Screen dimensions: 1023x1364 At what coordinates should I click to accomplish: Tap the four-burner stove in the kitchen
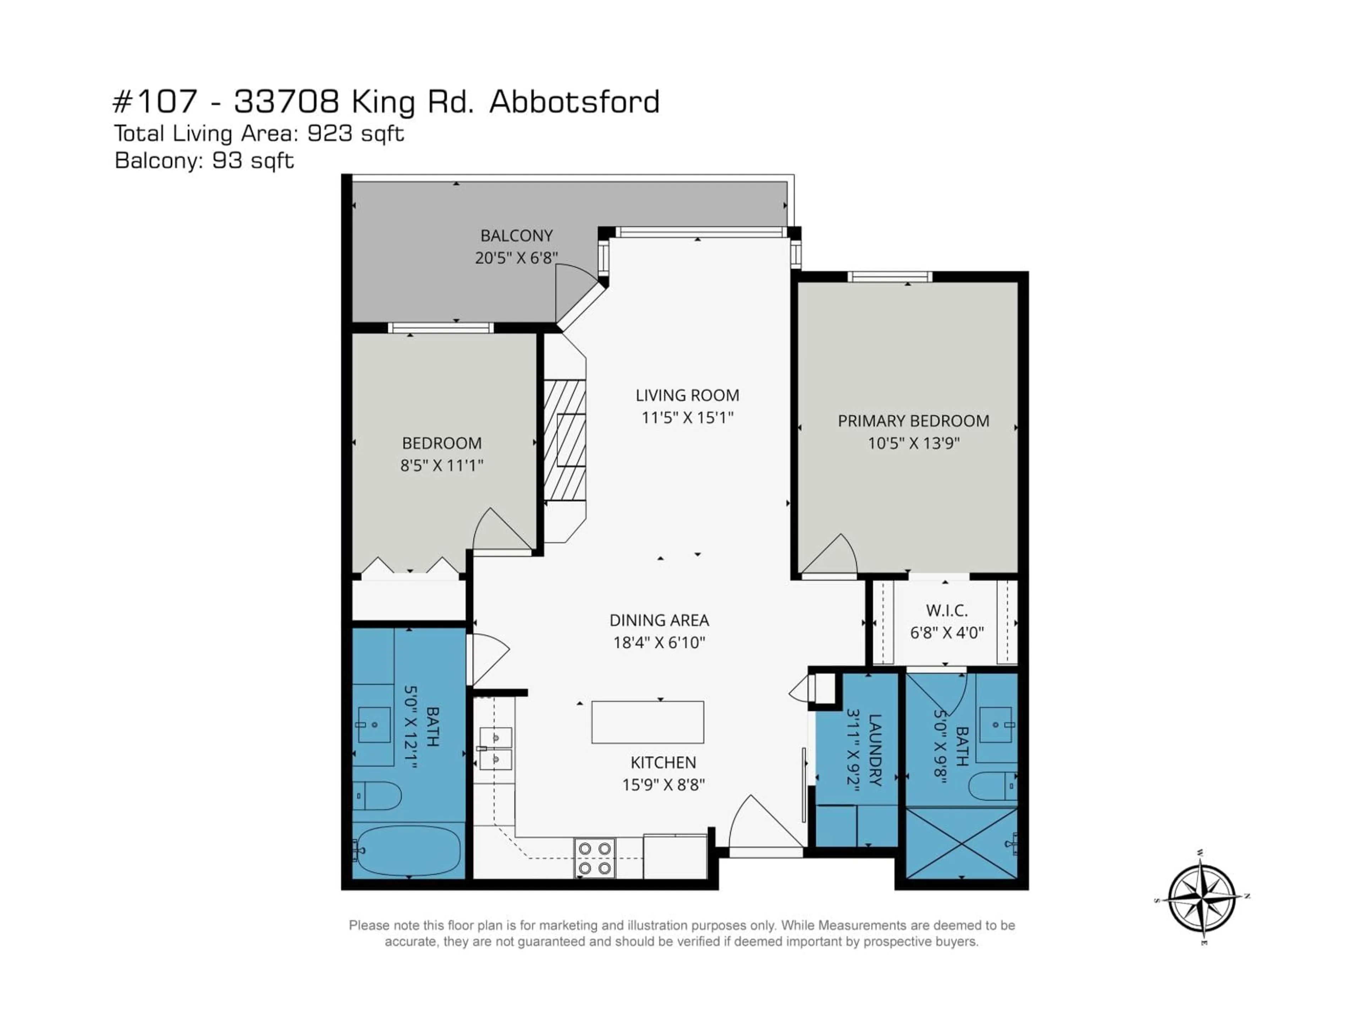(x=594, y=858)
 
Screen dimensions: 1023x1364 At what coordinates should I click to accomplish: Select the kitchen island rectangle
(x=648, y=722)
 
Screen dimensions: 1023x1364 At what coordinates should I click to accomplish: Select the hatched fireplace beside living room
(x=564, y=440)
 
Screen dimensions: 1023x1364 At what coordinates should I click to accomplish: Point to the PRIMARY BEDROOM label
(x=913, y=421)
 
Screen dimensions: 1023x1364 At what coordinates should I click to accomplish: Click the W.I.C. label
(x=947, y=611)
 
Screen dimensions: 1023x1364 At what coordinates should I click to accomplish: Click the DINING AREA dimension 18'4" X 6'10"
(x=659, y=643)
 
